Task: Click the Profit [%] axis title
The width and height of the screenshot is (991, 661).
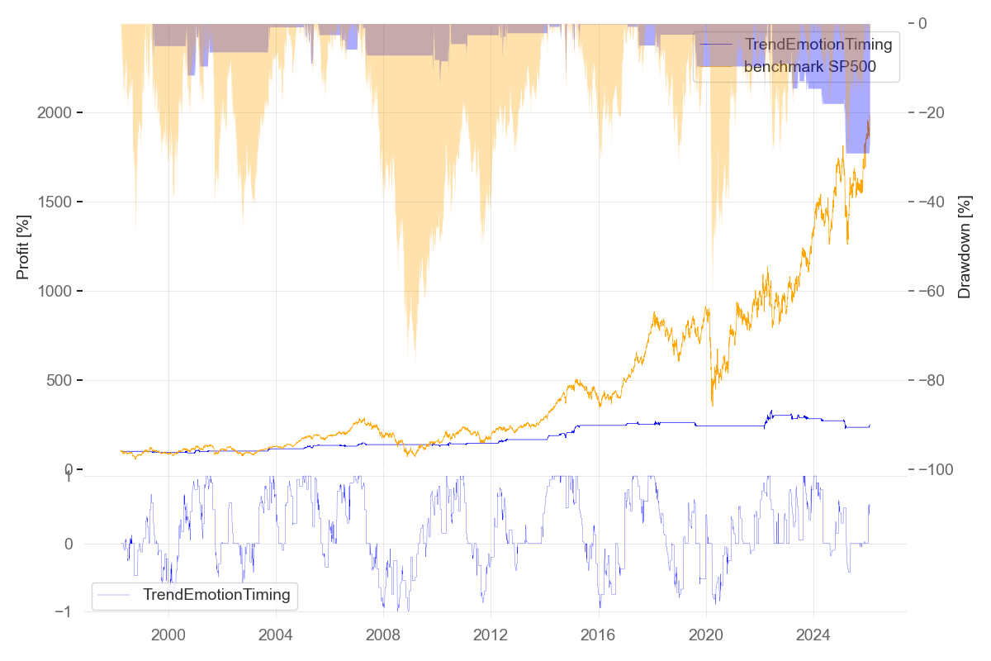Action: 23,247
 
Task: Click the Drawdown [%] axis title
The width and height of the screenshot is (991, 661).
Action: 964,247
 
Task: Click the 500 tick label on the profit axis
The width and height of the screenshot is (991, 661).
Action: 60,380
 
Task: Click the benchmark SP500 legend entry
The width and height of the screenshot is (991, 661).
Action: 809,67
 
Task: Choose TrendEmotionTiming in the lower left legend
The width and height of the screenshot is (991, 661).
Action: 216,594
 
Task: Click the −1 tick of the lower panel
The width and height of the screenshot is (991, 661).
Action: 68,611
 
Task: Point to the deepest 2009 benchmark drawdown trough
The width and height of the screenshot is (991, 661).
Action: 415,357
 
